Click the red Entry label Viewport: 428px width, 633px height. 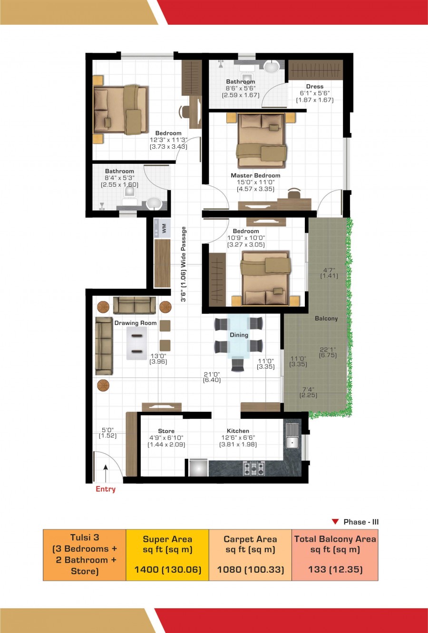click(x=106, y=489)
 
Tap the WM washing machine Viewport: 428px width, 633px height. click(x=162, y=228)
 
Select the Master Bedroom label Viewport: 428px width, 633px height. click(x=255, y=176)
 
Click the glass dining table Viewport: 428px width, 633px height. click(x=239, y=336)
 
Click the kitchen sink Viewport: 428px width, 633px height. click(x=292, y=435)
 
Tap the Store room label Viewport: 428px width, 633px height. click(x=166, y=431)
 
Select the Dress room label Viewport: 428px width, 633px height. click(x=314, y=86)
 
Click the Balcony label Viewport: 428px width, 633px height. click(x=326, y=319)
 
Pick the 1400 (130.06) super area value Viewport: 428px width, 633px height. click(x=167, y=569)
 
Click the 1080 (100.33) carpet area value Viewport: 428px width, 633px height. click(x=250, y=569)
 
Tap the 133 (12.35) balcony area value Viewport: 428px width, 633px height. click(x=335, y=569)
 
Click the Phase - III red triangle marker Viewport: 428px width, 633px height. click(x=335, y=522)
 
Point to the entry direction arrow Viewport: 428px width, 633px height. click(x=106, y=473)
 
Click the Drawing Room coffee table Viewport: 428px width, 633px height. click(x=137, y=343)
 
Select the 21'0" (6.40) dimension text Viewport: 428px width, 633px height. click(x=212, y=377)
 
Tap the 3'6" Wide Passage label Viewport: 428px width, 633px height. click(x=184, y=264)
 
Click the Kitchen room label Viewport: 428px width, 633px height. click(x=238, y=431)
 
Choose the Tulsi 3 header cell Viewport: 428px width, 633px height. click(x=85, y=554)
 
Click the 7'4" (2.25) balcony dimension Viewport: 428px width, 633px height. click(x=308, y=392)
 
